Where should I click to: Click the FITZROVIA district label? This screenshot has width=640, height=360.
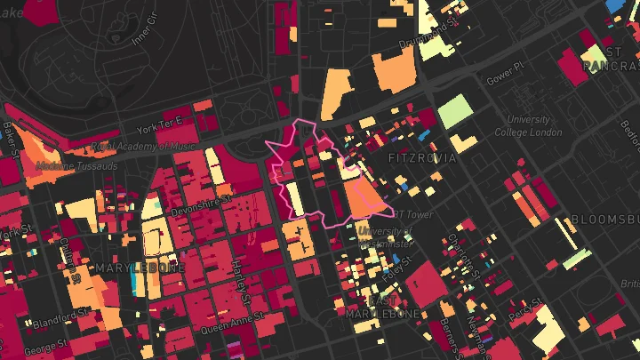(422, 158)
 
